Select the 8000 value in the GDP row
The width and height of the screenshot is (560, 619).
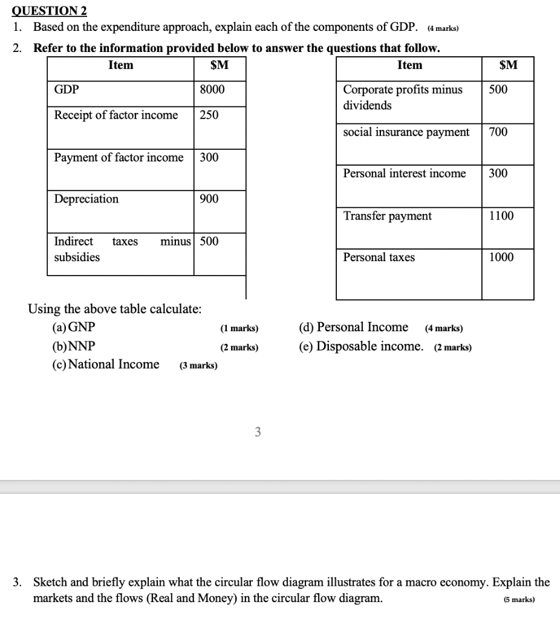212,90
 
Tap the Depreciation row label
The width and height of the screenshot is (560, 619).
86,199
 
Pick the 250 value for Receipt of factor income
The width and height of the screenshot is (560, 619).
209,115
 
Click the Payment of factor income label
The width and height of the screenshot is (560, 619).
119,158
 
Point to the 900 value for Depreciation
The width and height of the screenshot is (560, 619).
209,199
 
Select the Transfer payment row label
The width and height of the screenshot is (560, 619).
387,216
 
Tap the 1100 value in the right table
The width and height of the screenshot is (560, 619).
501,216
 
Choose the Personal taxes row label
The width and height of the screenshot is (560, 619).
379,258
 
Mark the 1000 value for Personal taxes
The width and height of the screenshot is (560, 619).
501,258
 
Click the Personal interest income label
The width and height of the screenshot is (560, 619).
404,173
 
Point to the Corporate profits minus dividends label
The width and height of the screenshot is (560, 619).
402,97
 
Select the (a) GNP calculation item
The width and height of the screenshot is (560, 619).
74,328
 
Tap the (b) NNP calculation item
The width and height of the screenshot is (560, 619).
74,346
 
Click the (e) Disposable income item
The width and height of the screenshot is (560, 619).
360,346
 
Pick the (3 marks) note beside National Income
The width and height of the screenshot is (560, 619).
198,366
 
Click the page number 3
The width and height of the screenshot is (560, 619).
258,432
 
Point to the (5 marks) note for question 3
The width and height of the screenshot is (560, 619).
518,600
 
